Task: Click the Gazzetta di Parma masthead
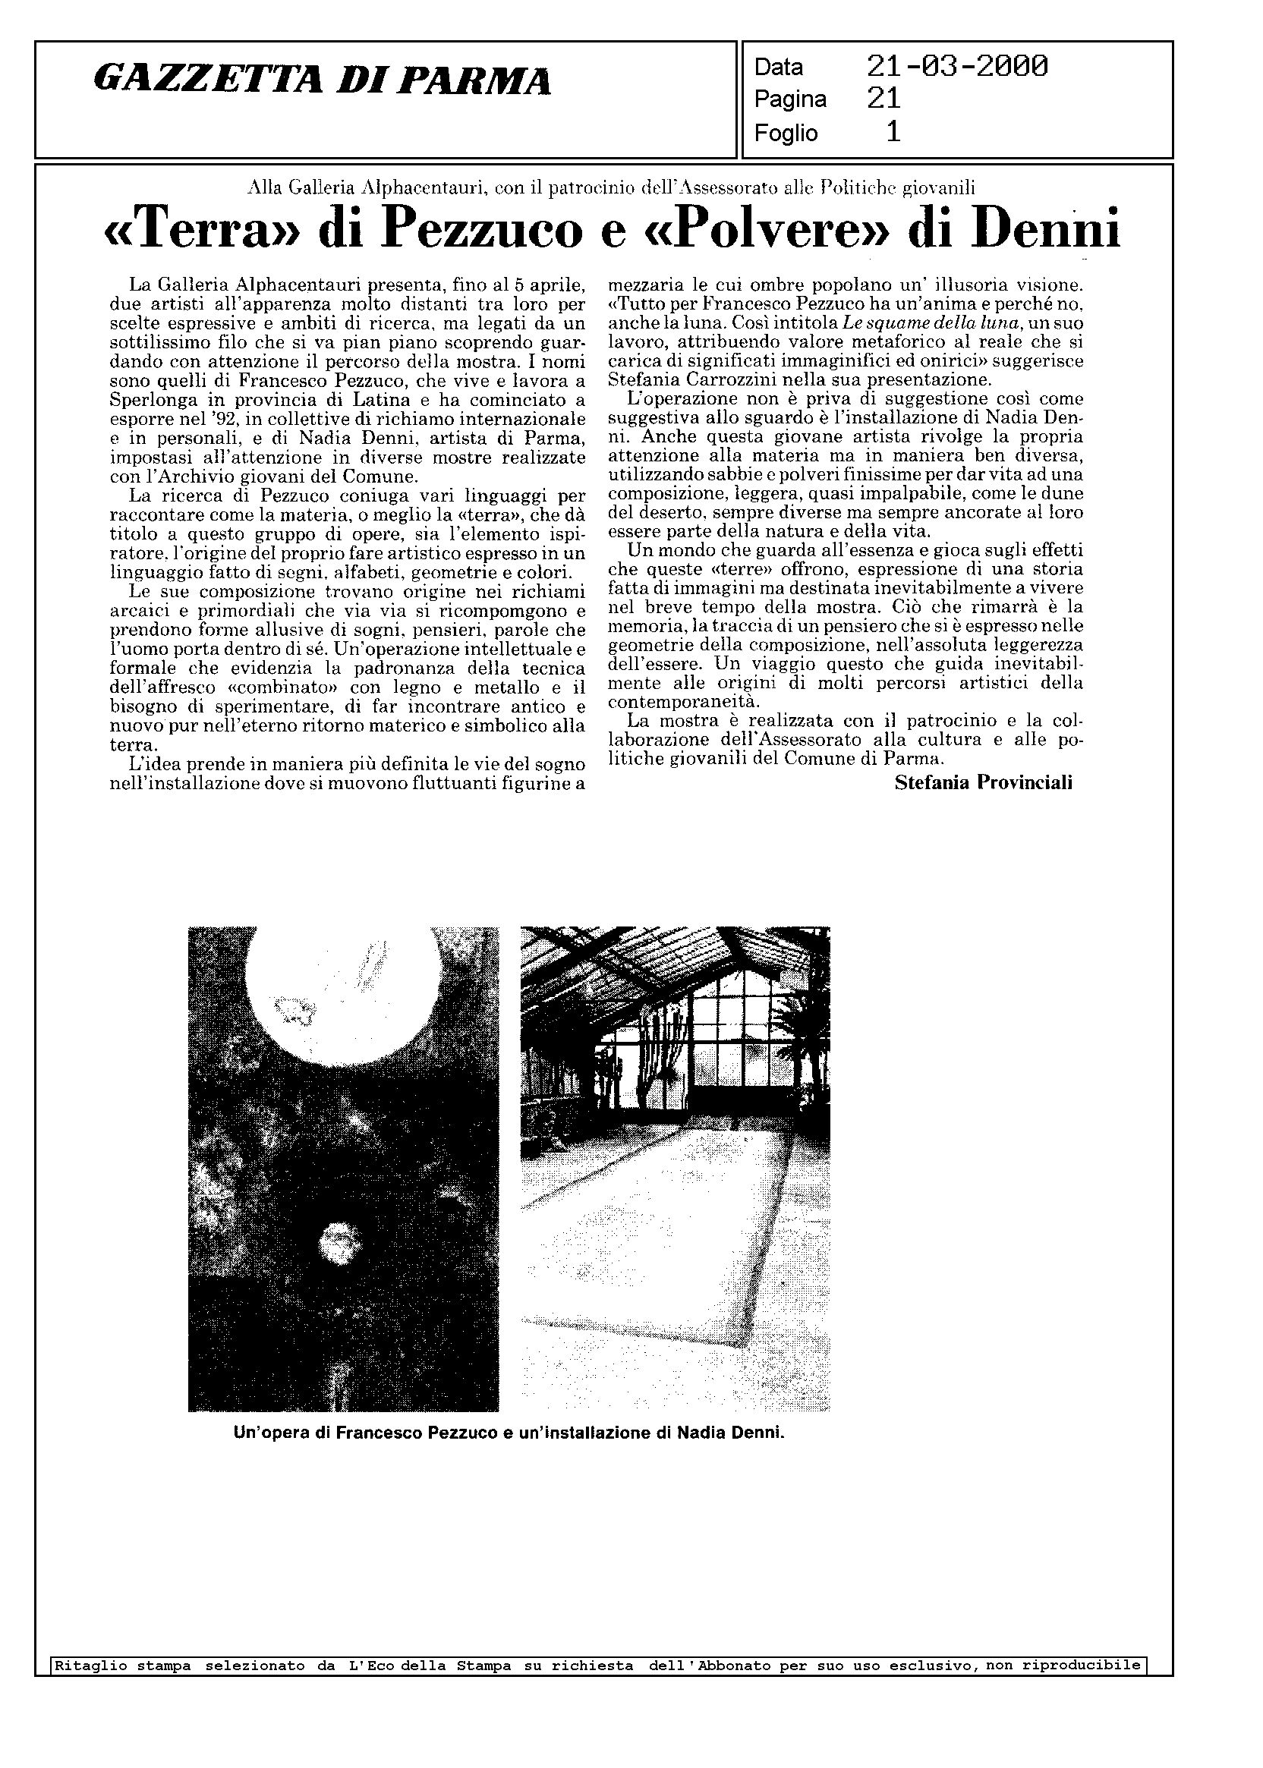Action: [322, 81]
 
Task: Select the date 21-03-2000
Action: [956, 67]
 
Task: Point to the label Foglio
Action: [786, 134]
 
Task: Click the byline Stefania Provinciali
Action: [983, 783]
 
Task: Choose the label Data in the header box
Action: [778, 68]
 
